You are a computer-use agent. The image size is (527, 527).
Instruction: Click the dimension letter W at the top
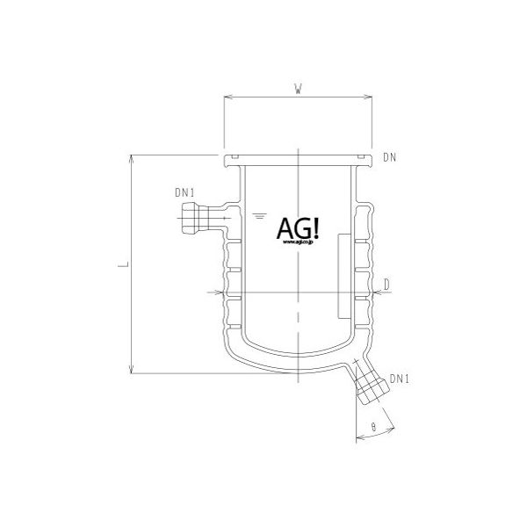(300, 88)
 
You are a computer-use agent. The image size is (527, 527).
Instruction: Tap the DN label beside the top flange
(389, 159)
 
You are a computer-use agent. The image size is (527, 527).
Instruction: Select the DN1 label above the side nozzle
(184, 192)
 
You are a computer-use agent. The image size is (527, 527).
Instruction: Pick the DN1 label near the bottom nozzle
(401, 379)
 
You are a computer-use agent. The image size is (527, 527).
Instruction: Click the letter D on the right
(386, 283)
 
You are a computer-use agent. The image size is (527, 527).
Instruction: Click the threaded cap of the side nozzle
(186, 215)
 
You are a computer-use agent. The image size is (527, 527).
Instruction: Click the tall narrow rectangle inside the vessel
(343, 274)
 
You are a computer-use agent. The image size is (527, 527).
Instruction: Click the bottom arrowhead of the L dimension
(132, 369)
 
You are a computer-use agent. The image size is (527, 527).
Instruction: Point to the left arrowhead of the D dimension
(214, 292)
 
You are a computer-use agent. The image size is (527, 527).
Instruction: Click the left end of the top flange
(227, 160)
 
